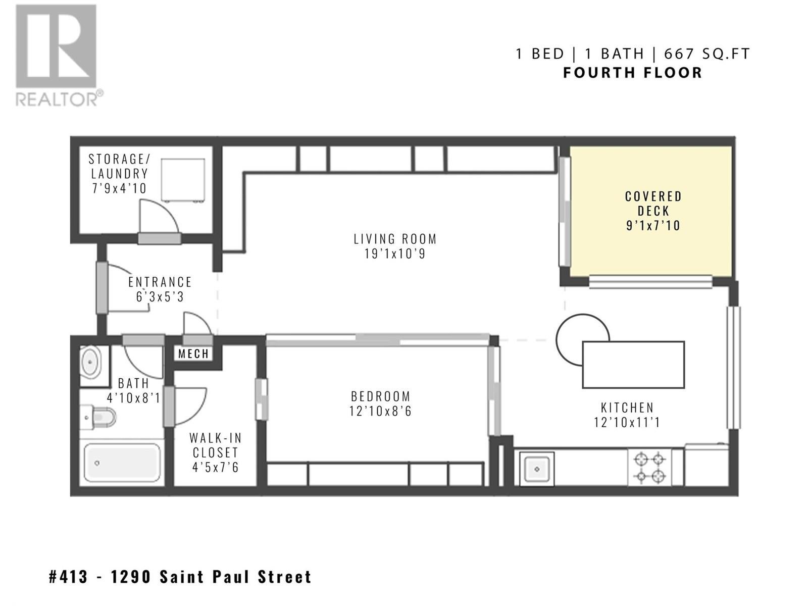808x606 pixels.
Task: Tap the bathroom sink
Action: [x=90, y=363]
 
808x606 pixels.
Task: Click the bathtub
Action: [x=122, y=463]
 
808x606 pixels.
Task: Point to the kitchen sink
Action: [x=537, y=469]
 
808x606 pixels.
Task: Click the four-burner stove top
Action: [x=650, y=468]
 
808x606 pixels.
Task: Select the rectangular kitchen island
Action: [x=633, y=365]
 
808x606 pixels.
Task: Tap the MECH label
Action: [x=193, y=354]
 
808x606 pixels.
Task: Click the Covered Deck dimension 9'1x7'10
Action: [x=653, y=226]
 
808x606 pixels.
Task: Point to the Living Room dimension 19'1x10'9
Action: [x=395, y=254]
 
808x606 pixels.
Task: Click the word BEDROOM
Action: [x=381, y=396]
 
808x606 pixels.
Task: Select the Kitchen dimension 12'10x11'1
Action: [x=627, y=422]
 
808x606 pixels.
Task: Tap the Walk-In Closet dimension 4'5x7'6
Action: [x=215, y=467]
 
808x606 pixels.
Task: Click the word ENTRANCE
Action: [x=160, y=282]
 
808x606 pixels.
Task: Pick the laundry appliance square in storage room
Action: [x=183, y=180]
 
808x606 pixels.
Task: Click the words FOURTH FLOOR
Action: [x=633, y=73]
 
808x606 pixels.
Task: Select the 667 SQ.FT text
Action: [x=707, y=54]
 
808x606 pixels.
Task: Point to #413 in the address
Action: [x=69, y=577]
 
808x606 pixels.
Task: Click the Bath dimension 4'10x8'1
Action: [x=133, y=398]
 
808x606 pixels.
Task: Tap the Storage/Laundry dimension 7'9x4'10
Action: [x=119, y=188]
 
